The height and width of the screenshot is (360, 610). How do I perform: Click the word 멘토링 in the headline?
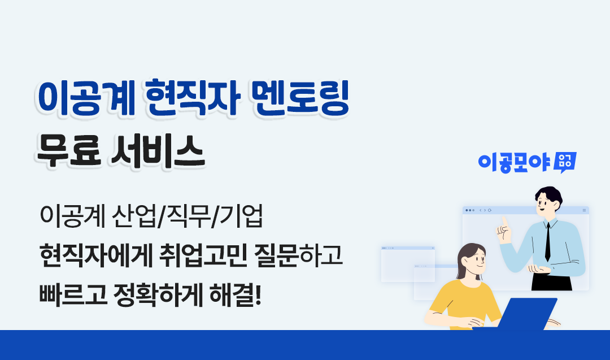pos(300,98)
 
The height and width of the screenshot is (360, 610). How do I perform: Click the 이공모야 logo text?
pos(515,163)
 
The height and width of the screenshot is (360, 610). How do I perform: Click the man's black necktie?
pos(548,241)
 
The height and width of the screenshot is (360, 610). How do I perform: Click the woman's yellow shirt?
pos(464,304)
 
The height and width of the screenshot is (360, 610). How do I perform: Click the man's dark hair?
pos(549,194)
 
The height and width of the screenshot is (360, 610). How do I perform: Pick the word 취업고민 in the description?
pos(203,255)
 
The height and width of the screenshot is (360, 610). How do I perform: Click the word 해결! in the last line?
pos(236,295)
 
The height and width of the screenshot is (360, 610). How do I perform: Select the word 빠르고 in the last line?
pos(73,295)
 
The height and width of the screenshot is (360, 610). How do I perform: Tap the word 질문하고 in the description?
pos(298,255)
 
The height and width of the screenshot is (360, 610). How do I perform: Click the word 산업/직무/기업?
pos(188,216)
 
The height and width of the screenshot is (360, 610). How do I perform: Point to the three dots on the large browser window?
pos(470,210)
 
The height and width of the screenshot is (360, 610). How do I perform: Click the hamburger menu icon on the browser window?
pos(584,210)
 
